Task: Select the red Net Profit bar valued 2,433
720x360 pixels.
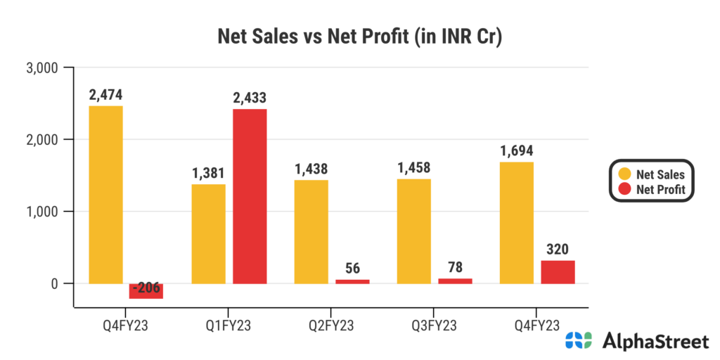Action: [250, 196]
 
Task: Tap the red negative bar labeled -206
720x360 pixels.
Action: [146, 291]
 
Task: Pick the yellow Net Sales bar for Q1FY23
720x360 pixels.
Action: [209, 233]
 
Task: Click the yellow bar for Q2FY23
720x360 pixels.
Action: [311, 231]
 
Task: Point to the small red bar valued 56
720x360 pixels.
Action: [352, 281]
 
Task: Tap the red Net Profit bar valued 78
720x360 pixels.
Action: [455, 281]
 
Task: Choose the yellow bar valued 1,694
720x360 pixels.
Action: [517, 222]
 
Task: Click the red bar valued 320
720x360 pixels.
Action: [558, 272]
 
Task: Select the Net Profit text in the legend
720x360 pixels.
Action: [660, 188]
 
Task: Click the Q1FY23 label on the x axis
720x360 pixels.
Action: [228, 325]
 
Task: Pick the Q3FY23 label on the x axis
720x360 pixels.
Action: [434, 325]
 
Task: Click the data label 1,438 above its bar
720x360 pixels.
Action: [311, 169]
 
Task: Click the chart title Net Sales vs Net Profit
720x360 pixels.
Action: [359, 37]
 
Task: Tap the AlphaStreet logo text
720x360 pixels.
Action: [655, 342]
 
